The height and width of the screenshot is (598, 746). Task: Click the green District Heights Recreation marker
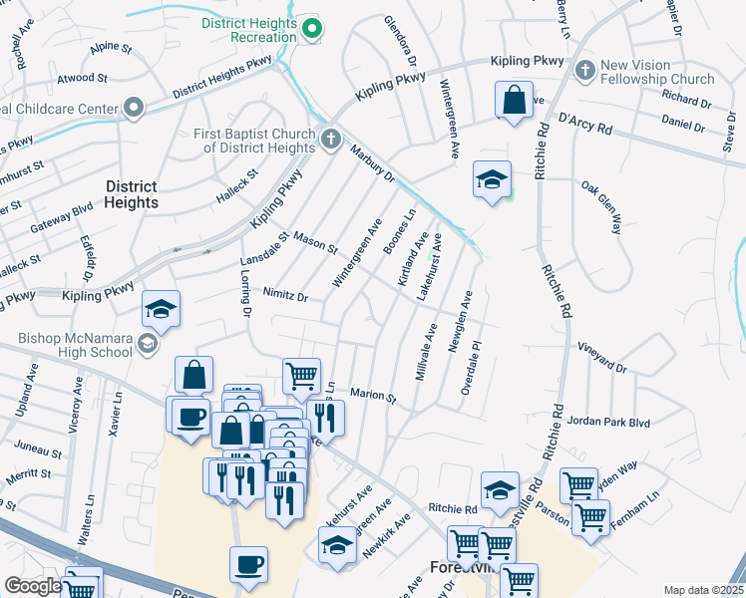tap(311, 30)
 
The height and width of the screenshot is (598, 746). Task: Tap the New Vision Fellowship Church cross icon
tap(584, 70)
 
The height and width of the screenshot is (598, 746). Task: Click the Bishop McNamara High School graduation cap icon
tap(148, 344)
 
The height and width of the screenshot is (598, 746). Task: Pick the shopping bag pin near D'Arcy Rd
tap(514, 101)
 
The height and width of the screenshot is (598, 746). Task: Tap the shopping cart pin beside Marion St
tap(301, 377)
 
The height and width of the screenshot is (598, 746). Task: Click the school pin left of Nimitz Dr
tap(160, 310)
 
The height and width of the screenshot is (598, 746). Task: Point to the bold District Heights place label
tap(131, 194)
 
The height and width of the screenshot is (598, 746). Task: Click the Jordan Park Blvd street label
tap(607, 423)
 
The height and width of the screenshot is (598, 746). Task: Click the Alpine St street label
tap(110, 48)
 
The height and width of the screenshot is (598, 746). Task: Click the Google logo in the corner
tap(33, 586)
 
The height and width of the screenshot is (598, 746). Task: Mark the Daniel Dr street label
tap(683, 124)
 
